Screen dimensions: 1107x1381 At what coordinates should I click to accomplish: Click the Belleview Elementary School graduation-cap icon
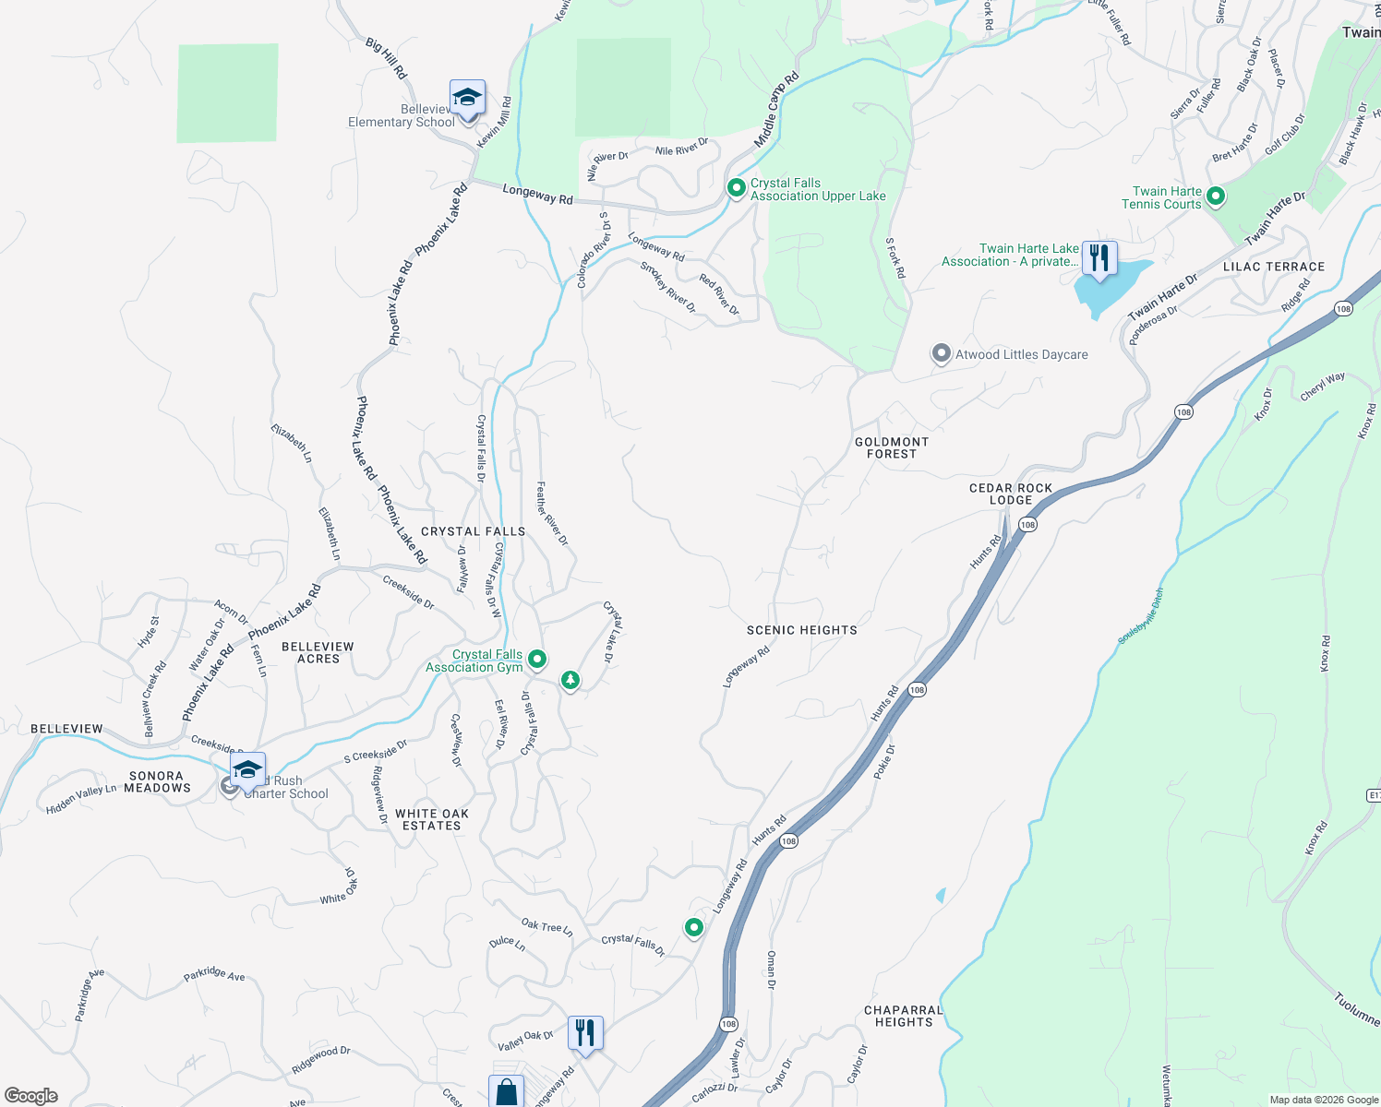[x=467, y=98]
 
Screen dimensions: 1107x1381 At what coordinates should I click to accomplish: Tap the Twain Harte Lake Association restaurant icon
[x=1099, y=258]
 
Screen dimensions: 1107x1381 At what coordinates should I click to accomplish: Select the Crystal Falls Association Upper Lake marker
[x=736, y=188]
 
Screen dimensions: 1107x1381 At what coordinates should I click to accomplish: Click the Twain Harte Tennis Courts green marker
[x=1216, y=196]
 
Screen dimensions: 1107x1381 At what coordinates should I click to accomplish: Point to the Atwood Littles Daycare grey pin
[x=941, y=353]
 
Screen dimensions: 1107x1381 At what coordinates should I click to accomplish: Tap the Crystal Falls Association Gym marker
[x=536, y=659]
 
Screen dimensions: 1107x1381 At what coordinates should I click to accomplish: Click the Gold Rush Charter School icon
[x=247, y=770]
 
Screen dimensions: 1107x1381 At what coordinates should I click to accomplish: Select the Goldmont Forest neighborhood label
[x=892, y=447]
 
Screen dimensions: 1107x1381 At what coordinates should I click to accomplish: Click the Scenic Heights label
[x=801, y=630]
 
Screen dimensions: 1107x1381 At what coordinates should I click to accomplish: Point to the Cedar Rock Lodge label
[x=1011, y=494]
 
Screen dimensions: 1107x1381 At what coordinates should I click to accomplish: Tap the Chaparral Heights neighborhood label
[x=904, y=1016]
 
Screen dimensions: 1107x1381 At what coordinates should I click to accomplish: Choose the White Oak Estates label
[x=432, y=819]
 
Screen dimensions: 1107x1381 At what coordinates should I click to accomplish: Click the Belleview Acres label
[x=318, y=652]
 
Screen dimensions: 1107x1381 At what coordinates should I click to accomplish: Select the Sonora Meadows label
[x=157, y=781]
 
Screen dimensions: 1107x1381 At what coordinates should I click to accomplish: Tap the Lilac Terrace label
[x=1274, y=267]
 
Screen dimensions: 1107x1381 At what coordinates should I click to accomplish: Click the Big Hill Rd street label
[x=386, y=58]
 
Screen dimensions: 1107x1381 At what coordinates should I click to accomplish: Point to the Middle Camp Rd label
[x=776, y=110]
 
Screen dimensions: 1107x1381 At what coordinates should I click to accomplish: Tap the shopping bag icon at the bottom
[x=506, y=1092]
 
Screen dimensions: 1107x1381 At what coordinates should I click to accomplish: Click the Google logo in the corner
[x=31, y=1096]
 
